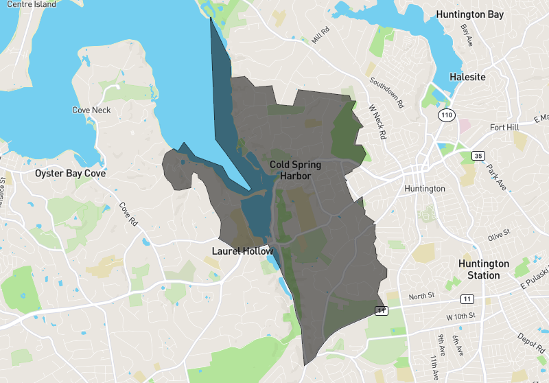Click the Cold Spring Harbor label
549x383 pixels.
[295, 170]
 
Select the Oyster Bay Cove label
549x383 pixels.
[71, 174]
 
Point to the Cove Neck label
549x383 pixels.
[91, 110]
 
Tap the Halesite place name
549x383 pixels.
[467, 77]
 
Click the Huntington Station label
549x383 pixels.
[484, 269]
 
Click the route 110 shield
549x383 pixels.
[447, 115]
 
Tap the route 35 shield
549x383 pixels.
[478, 156]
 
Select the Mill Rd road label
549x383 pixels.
[320, 35]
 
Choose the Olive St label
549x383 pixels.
[500, 235]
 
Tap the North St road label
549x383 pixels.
[422, 297]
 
